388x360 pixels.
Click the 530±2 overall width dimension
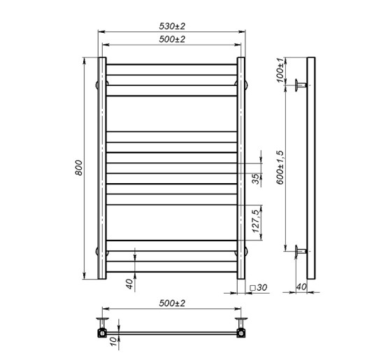coord(172,26)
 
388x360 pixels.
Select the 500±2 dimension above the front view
coord(172,40)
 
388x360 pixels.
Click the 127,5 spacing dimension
coord(256,219)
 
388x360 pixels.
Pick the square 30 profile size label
coord(259,287)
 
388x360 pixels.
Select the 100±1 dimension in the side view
coord(280,71)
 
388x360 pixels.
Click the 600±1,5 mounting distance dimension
coord(280,167)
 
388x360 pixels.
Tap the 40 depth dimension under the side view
coord(301,286)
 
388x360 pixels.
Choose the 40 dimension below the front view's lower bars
coord(128,283)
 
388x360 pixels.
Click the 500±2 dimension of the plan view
coord(172,303)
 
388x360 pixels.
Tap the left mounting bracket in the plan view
coord(103,326)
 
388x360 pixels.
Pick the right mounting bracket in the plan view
coord(242,326)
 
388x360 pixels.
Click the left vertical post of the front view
coord(102,168)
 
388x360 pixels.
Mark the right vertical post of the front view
coord(242,168)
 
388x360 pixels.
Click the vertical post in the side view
coord(312,168)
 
